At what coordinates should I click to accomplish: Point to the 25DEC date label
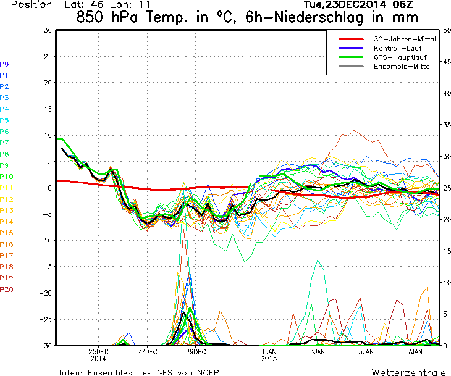point(98,351)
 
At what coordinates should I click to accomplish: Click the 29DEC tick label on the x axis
point(195,351)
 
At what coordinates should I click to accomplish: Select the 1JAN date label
point(269,351)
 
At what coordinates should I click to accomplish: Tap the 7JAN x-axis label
point(415,351)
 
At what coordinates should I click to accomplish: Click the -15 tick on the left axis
point(46,267)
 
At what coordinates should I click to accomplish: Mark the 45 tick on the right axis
point(446,62)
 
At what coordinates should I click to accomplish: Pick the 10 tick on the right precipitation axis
point(446,282)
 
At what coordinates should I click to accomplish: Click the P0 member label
point(4,64)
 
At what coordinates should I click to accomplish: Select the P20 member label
point(7,289)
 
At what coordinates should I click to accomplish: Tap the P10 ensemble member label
point(7,177)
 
